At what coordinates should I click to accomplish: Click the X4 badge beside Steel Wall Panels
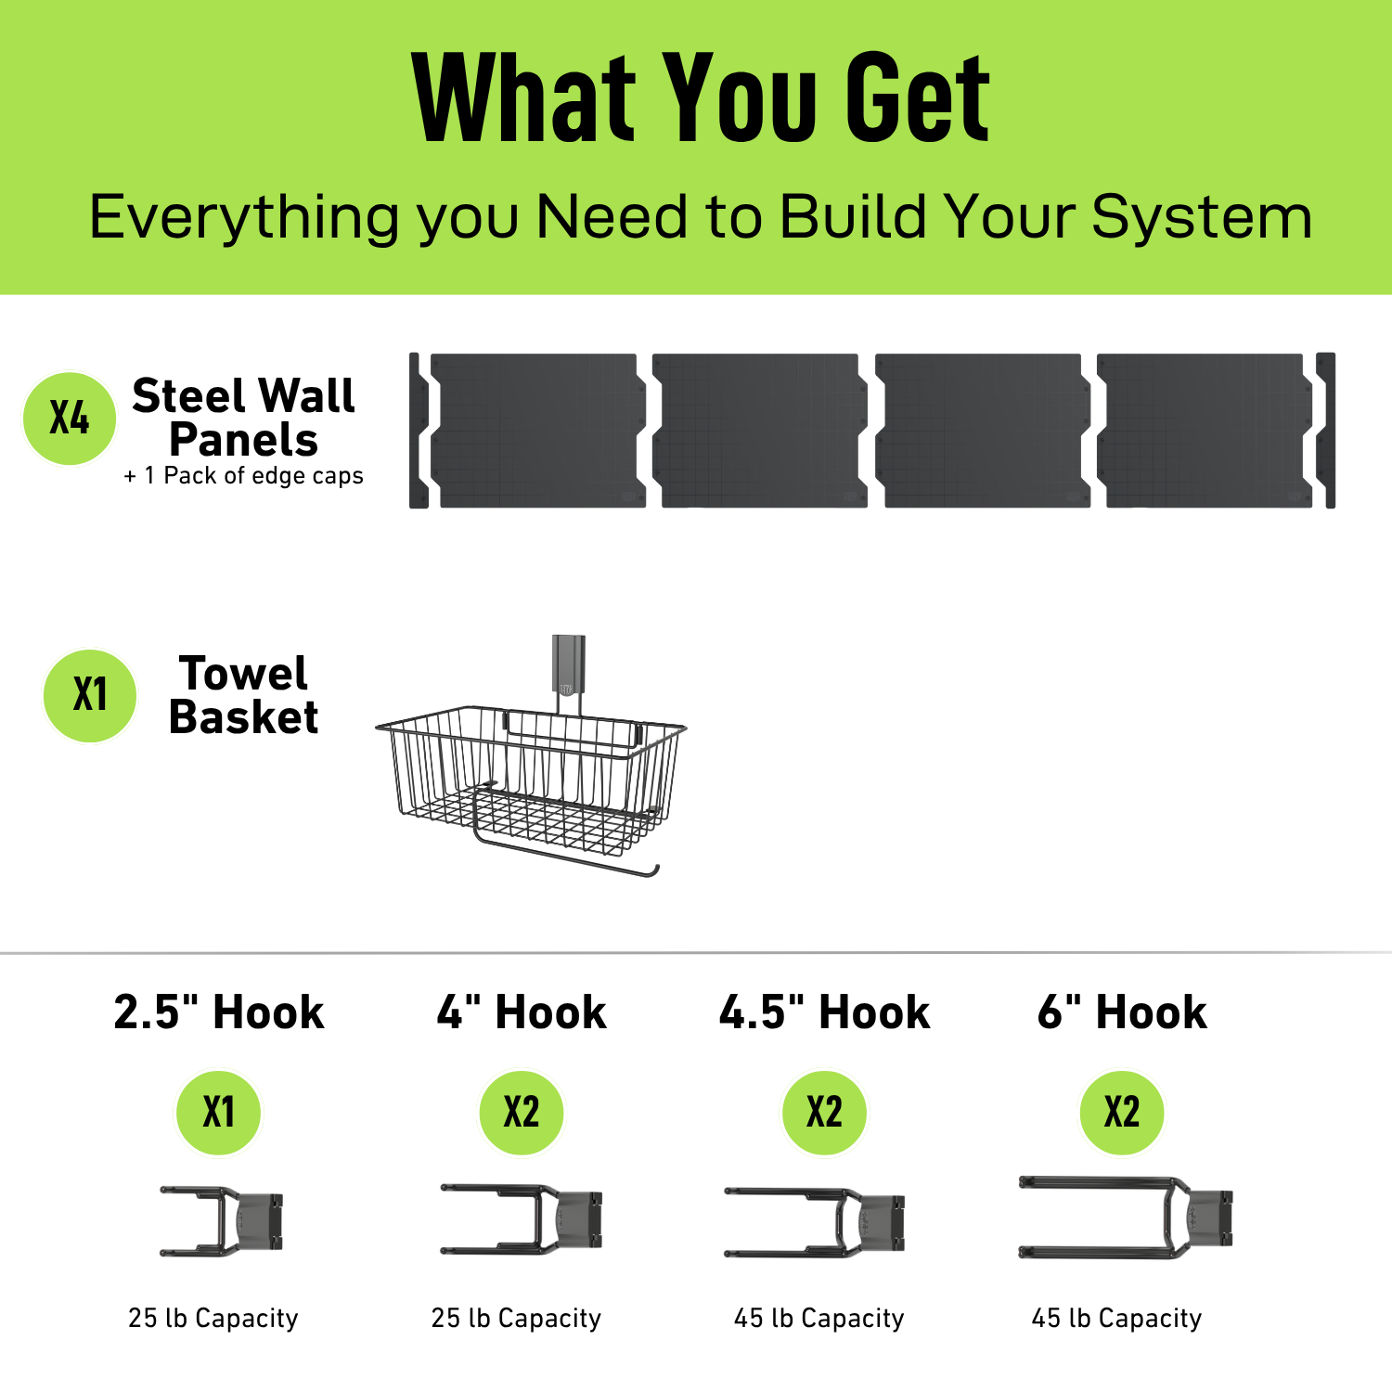click(70, 419)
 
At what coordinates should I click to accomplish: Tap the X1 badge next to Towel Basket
click(90, 695)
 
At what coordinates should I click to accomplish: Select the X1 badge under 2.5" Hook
click(219, 1112)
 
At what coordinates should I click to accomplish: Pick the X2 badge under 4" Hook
click(522, 1112)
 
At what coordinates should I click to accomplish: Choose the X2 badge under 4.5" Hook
click(824, 1112)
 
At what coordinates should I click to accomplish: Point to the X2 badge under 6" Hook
click(1122, 1112)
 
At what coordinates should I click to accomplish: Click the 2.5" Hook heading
click(219, 1012)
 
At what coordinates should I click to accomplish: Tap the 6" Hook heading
click(1122, 1012)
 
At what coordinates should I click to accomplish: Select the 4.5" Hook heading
click(824, 1012)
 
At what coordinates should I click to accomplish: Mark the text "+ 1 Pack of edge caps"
click(244, 476)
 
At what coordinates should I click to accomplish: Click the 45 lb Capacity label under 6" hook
click(1116, 1318)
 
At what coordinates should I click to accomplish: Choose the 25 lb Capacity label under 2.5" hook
click(213, 1318)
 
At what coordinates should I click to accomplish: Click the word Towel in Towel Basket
click(243, 674)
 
